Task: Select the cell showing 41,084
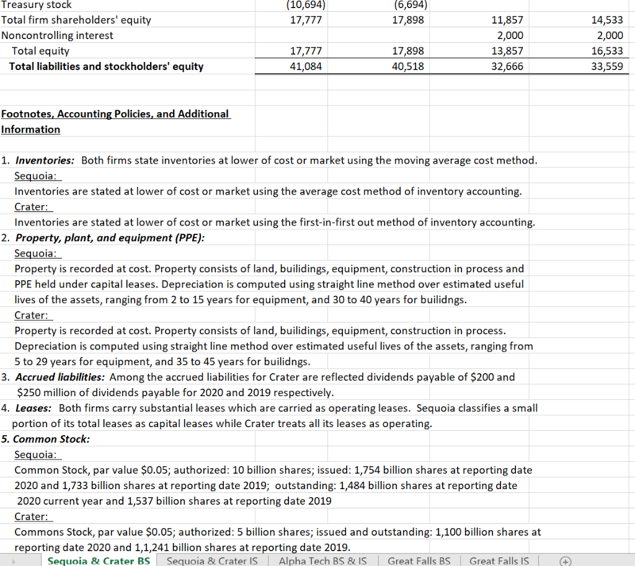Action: click(306, 66)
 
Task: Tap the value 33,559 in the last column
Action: click(608, 66)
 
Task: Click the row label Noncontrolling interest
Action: click(57, 35)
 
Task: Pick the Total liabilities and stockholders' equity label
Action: click(106, 66)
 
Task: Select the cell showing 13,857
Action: click(507, 51)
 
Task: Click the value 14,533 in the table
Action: click(608, 20)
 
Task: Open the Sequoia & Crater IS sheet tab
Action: click(212, 560)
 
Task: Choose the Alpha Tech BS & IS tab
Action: click(322, 560)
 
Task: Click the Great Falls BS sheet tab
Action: click(419, 560)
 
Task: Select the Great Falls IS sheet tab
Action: click(499, 560)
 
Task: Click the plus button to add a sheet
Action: click(564, 560)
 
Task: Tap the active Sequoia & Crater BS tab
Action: click(99, 560)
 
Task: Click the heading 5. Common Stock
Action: click(46, 439)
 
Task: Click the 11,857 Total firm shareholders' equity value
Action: click(507, 20)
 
